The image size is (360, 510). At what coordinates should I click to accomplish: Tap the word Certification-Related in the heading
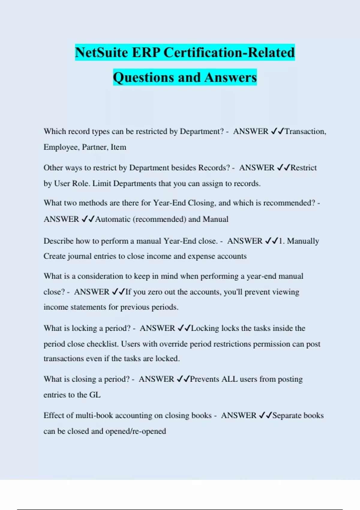click(229, 52)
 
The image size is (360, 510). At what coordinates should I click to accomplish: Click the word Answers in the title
click(231, 77)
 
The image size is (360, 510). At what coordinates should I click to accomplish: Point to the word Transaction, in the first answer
click(305, 131)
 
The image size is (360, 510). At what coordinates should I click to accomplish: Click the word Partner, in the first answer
click(95, 147)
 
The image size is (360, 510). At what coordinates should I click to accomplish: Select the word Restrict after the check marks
click(304, 168)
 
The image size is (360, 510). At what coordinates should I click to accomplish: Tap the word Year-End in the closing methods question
click(169, 203)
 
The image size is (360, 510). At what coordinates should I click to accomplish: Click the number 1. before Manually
click(282, 241)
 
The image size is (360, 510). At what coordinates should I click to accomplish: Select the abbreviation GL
click(95, 395)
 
